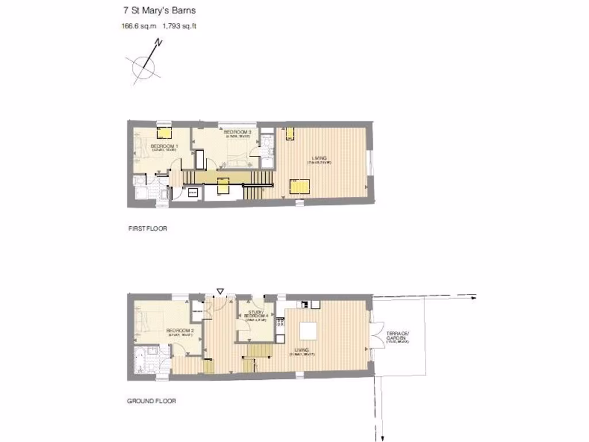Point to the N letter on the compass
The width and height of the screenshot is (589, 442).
click(x=160, y=43)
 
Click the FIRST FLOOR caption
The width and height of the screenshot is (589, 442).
click(x=147, y=228)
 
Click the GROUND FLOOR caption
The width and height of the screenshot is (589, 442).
click(x=151, y=401)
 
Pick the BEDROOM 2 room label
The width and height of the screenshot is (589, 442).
click(x=180, y=330)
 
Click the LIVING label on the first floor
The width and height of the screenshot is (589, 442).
click(x=319, y=158)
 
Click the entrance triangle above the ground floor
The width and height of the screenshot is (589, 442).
click(x=219, y=291)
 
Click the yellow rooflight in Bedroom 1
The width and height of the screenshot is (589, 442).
click(x=166, y=133)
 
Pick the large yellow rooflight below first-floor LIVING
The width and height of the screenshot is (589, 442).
click(x=300, y=186)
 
